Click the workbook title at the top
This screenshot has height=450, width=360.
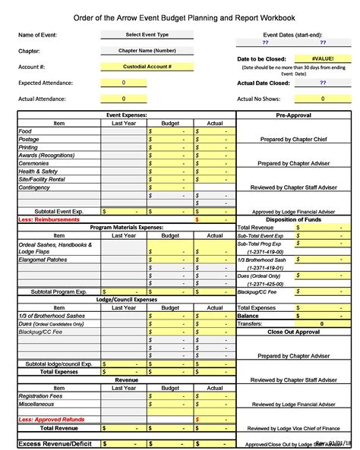coord(180,17)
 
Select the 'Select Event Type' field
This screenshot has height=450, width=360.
coord(147,35)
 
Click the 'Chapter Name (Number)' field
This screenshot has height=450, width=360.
coord(147,51)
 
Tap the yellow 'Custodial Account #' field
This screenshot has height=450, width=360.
coord(147,67)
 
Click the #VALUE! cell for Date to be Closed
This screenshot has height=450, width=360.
coord(323,58)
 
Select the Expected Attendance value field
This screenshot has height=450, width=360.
coord(124,83)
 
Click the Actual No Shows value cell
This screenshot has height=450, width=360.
coord(323,99)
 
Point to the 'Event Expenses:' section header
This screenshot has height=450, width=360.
coord(126,115)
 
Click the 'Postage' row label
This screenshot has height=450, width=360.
coord(30,140)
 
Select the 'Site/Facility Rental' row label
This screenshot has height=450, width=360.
coord(43,179)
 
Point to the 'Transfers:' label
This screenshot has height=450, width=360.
coord(252,323)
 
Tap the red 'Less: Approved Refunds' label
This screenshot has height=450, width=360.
coord(52,419)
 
